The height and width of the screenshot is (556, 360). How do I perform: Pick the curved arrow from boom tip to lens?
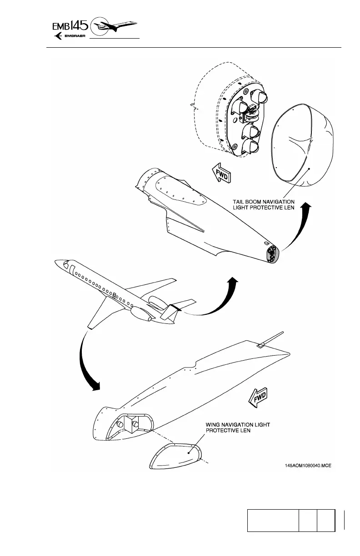[x=298, y=227]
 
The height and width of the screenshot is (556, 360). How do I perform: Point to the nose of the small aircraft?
[x=57, y=263]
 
